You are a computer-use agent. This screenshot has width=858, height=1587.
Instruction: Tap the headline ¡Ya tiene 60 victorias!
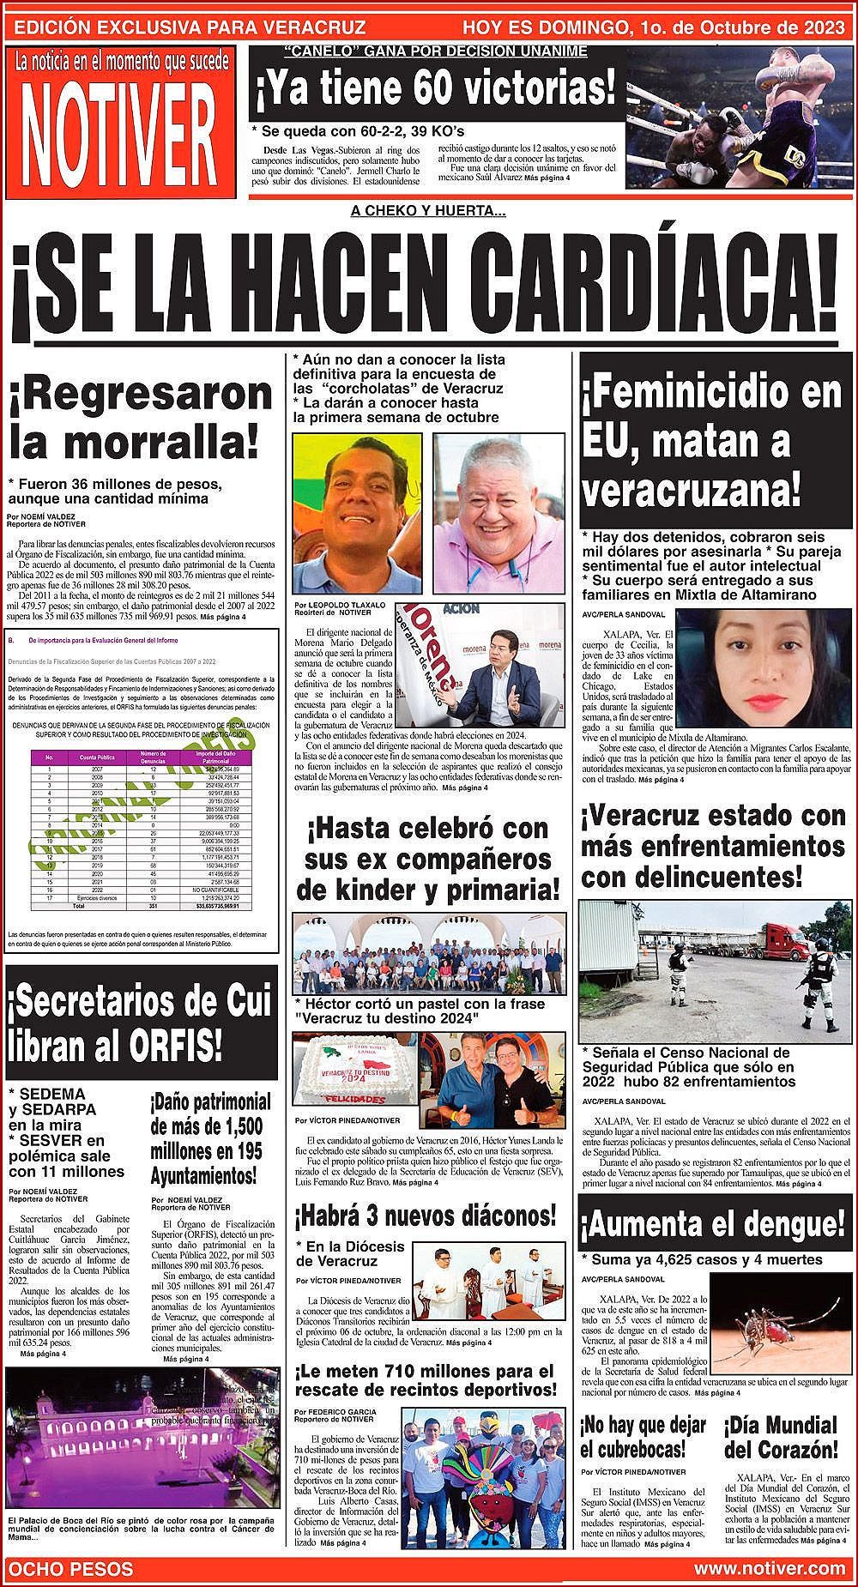pos(435,89)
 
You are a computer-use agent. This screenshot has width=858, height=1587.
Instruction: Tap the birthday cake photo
pos(358,1073)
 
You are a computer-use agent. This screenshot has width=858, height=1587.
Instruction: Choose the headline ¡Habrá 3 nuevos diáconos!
pos(425,1215)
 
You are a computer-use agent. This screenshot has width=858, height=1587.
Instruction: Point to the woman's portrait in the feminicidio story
pos(763,668)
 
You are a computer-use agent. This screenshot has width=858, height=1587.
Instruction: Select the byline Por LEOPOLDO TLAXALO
pos(340,605)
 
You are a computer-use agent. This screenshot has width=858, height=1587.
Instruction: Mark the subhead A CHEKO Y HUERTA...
pos(428,211)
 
